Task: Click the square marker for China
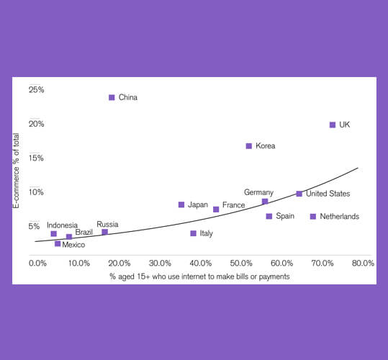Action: point(112,97)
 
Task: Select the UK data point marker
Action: point(333,125)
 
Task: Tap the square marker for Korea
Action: point(248,146)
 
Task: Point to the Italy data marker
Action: point(193,233)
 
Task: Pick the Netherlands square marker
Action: point(313,217)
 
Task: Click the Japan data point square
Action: point(181,204)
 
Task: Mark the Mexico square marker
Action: point(58,243)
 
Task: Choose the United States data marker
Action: point(299,194)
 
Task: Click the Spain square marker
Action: point(269,217)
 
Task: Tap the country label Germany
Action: point(258,192)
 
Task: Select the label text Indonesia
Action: point(62,225)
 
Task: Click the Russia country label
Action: point(107,224)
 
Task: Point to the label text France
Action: point(233,205)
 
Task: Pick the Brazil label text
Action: point(84,232)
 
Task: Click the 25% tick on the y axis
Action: point(37,90)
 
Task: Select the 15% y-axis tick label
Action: point(36,158)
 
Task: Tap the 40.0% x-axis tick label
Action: point(201,263)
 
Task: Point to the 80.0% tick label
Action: point(363,263)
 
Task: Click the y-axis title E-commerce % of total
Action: point(16,171)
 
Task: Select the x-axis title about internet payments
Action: point(199,276)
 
